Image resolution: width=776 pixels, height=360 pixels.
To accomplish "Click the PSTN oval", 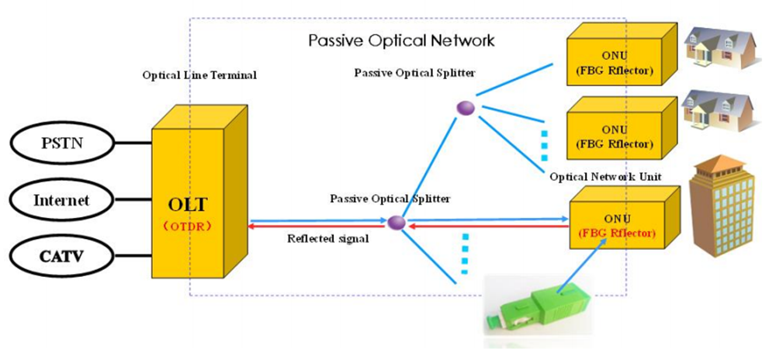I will (x=61, y=144).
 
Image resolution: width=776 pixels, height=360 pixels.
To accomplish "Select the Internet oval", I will (x=61, y=200).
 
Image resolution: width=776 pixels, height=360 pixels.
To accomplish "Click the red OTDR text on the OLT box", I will (x=189, y=227).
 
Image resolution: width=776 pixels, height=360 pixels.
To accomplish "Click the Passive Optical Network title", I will (x=401, y=40).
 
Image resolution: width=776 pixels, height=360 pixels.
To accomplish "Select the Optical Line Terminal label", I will (x=199, y=75).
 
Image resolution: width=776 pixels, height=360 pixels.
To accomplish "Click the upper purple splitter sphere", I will (x=465, y=108).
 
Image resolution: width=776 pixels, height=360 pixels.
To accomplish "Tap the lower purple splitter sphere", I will (x=397, y=223).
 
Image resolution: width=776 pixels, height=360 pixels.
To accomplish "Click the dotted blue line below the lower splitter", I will (x=466, y=251).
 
